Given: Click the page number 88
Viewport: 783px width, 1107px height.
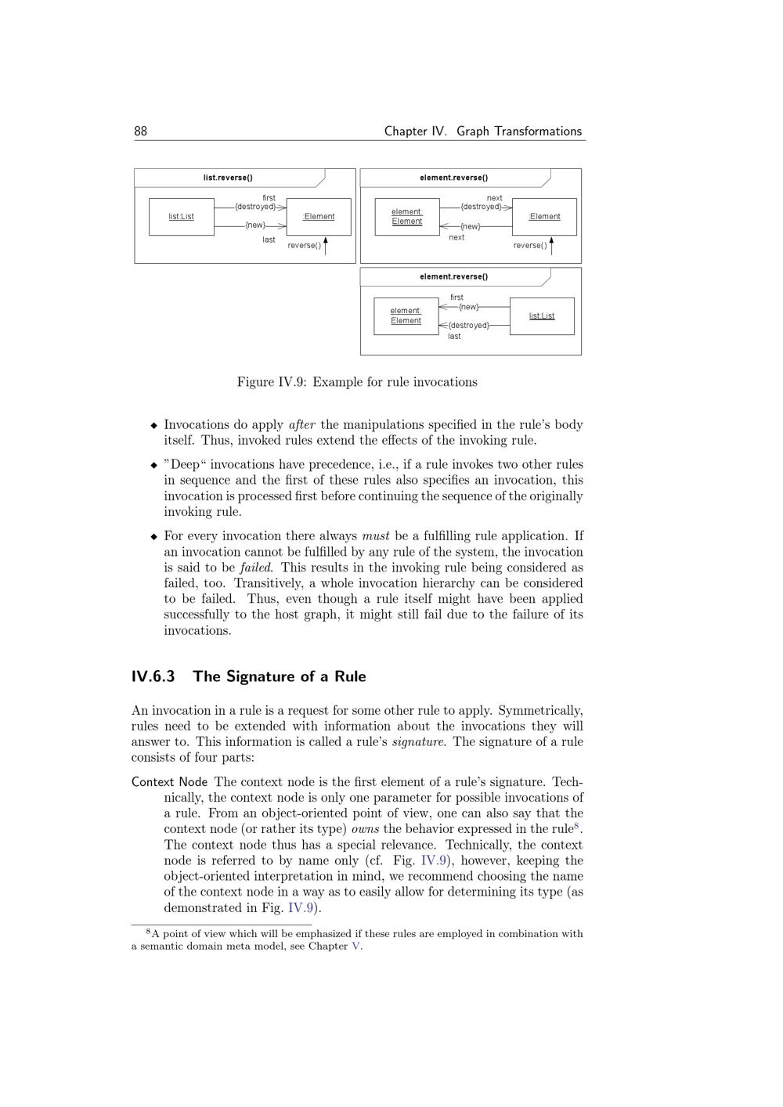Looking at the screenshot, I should pyautogui.click(x=141, y=132).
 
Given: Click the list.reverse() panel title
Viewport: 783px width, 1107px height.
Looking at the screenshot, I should pyautogui.click(x=228, y=178).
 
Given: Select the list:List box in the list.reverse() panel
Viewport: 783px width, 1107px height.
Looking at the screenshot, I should pyautogui.click(x=182, y=217).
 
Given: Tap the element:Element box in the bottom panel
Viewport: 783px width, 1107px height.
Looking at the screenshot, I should pyautogui.click(x=406, y=316).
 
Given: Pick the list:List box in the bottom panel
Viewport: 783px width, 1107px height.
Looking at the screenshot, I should pyautogui.click(x=542, y=316).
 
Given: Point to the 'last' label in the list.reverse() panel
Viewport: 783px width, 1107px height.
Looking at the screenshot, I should pyautogui.click(x=269, y=240).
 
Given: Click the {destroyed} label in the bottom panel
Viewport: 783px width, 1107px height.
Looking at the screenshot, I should pyautogui.click(x=468, y=325).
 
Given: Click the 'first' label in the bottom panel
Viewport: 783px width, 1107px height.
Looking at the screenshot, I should pyautogui.click(x=456, y=297).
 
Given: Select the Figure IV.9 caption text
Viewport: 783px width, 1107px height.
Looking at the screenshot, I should pyautogui.click(x=357, y=382).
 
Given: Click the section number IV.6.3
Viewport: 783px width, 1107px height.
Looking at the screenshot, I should pyautogui.click(x=153, y=676).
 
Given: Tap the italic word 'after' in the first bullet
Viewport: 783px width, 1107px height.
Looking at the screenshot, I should pyautogui.click(x=301, y=425).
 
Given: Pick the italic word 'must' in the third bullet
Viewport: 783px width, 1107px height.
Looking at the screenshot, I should pyautogui.click(x=375, y=536).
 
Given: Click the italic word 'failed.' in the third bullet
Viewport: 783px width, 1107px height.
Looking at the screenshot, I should pyautogui.click(x=256, y=568).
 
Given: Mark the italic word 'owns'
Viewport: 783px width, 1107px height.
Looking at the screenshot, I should pyautogui.click(x=365, y=829).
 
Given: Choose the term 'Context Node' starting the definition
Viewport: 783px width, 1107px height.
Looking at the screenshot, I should pyautogui.click(x=169, y=782).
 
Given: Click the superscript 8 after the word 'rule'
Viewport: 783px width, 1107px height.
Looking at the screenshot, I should pyautogui.click(x=577, y=825).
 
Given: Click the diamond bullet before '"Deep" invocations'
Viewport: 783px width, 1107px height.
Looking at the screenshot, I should pyautogui.click(x=153, y=465).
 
